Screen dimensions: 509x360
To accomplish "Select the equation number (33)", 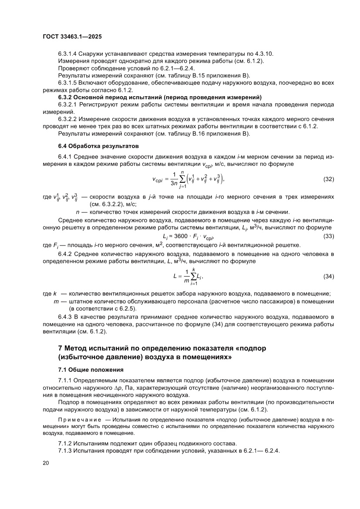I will point(329,236).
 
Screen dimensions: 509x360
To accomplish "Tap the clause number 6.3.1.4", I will point(69,54).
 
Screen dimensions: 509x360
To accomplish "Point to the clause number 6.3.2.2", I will point(69,119).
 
